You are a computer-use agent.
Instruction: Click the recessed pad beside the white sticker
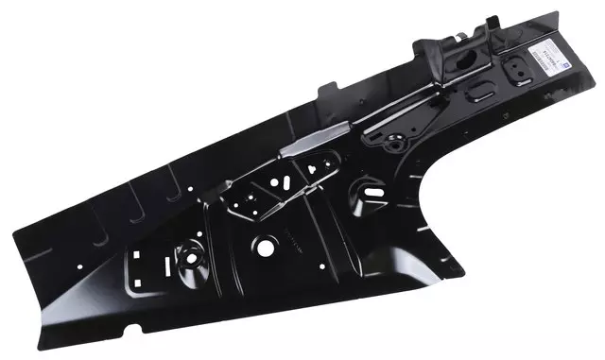pos(517,70)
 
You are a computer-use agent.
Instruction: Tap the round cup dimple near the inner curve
pos(368,199)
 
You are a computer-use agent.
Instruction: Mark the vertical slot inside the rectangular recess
pos(139,256)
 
